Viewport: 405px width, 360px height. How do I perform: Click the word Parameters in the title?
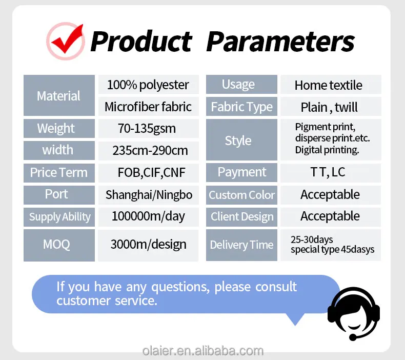(280, 42)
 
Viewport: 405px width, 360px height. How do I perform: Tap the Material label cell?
(59, 95)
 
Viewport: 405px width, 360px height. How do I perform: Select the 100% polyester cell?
(149, 85)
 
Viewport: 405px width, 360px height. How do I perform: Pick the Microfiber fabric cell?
(149, 107)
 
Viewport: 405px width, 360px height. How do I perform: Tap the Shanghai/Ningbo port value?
(149, 195)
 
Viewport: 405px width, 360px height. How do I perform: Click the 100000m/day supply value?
(149, 217)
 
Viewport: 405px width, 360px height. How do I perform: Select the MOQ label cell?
(59, 245)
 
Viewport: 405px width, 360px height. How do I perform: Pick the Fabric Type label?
(242, 107)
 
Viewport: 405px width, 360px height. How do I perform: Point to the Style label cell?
(242, 139)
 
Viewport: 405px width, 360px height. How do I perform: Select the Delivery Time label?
(242, 245)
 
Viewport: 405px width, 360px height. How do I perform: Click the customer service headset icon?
(354, 313)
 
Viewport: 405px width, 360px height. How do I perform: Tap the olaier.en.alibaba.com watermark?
(203, 351)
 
